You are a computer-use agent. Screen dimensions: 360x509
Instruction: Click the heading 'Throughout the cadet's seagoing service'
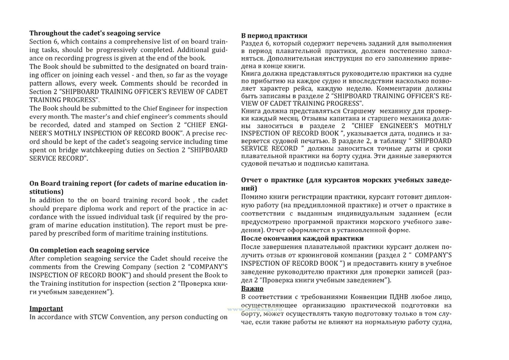[95, 33]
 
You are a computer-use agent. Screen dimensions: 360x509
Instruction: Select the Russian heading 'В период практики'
[274, 36]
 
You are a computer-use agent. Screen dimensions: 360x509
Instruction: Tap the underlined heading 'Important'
[46, 308]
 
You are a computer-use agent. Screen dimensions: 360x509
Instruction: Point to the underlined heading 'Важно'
[252, 289]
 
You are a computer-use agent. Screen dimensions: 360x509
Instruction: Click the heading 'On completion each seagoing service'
[89, 250]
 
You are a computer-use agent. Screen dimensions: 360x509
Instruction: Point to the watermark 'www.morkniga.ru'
[255, 309]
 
